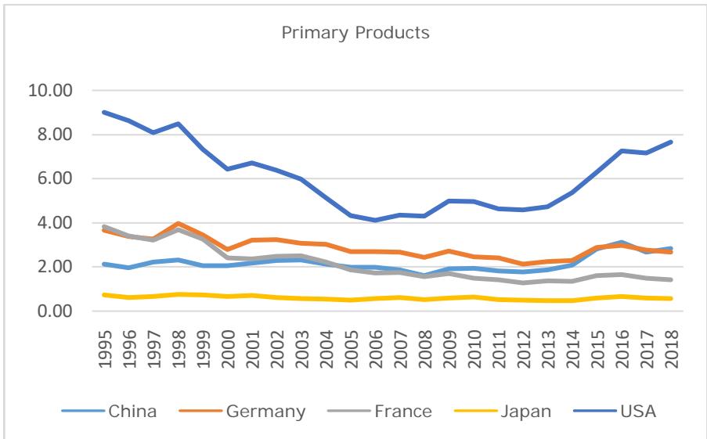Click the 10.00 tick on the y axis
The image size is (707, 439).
click(x=50, y=90)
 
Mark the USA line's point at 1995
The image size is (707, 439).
click(x=104, y=112)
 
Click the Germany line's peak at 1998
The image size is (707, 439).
click(x=179, y=224)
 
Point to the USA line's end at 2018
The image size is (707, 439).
click(x=671, y=142)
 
